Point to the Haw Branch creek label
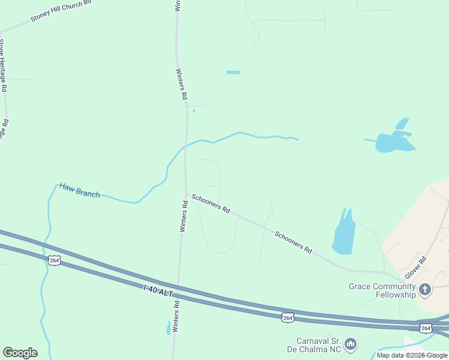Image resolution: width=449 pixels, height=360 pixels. point(79,190)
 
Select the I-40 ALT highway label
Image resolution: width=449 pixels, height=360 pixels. point(158,291)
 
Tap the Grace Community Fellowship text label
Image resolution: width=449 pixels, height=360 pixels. point(382,290)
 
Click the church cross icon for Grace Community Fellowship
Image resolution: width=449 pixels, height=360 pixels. point(424,291)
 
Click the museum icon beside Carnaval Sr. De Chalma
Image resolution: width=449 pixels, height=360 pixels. point(351,344)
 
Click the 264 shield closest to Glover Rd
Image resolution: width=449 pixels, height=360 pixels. point(426,328)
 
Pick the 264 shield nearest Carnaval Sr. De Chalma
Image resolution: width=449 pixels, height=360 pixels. point(288,317)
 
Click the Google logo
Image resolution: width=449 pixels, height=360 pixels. point(20,353)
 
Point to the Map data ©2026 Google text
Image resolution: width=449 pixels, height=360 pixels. point(412,355)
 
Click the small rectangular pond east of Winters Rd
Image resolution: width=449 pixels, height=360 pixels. point(233,73)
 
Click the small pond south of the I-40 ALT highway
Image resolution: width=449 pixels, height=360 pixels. point(167,328)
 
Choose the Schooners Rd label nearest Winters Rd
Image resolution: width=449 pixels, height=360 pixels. point(210,204)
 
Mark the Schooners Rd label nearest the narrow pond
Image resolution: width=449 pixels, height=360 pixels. point(294,241)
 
